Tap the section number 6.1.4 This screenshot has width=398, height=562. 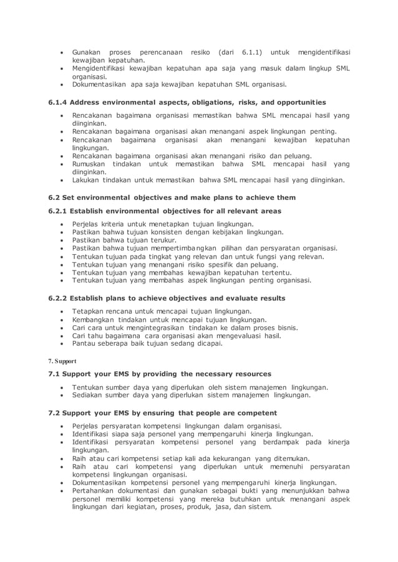click(x=57, y=102)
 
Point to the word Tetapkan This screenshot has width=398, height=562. click(x=90, y=311)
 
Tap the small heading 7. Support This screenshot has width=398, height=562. click(x=62, y=361)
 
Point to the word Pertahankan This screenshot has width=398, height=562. click(x=96, y=491)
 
